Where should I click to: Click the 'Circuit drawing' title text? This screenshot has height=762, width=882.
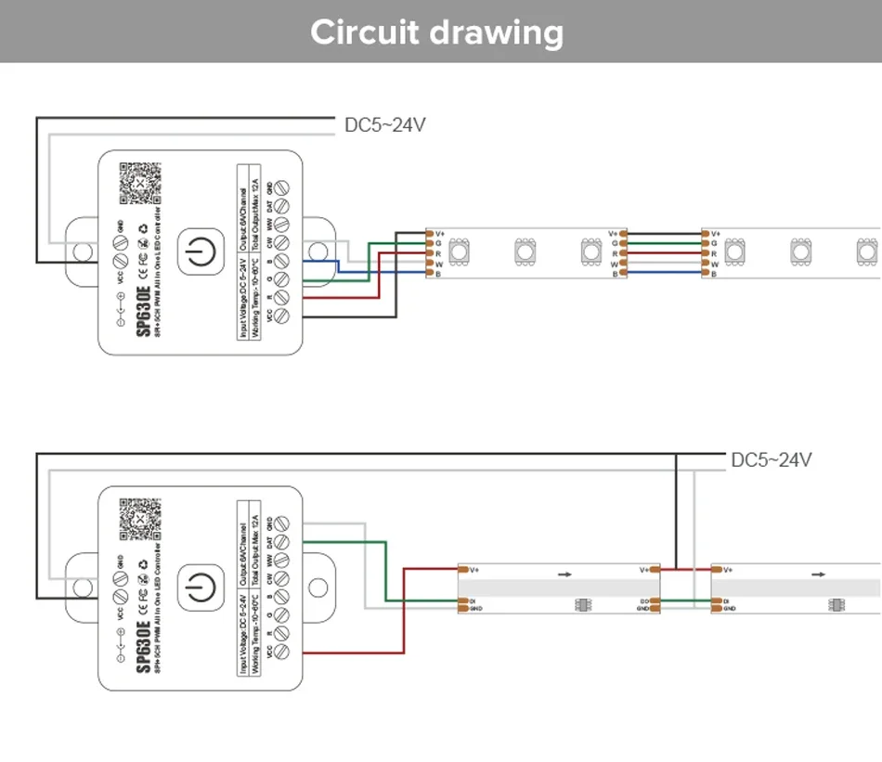(436, 32)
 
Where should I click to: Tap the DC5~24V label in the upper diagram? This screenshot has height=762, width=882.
(384, 124)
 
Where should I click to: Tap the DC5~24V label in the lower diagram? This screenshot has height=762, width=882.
(772, 459)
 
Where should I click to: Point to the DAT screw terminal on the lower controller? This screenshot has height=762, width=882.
(284, 543)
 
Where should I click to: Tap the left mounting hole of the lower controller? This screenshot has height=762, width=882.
(82, 588)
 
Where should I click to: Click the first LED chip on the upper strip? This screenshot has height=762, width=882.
(460, 251)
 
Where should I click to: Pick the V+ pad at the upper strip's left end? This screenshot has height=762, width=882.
(430, 233)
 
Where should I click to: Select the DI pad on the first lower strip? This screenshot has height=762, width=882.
(461, 601)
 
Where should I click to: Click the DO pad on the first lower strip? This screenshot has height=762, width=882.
(655, 601)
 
